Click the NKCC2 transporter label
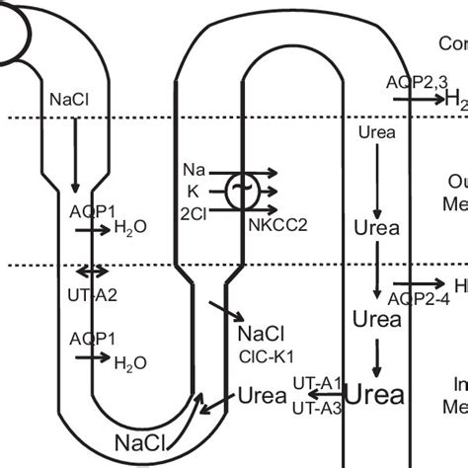[x=273, y=224]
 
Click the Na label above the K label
[x=195, y=170]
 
